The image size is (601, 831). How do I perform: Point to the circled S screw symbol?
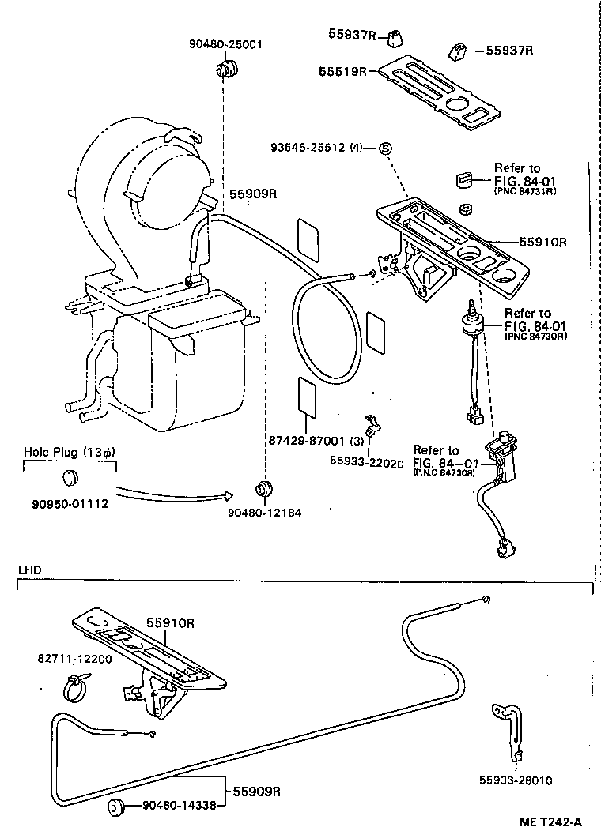[386, 148]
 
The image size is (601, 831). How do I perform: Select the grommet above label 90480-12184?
[264, 487]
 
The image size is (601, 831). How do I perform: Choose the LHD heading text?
[29, 570]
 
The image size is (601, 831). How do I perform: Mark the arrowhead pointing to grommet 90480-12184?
[227, 495]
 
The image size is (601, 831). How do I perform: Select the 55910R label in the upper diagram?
[544, 243]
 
